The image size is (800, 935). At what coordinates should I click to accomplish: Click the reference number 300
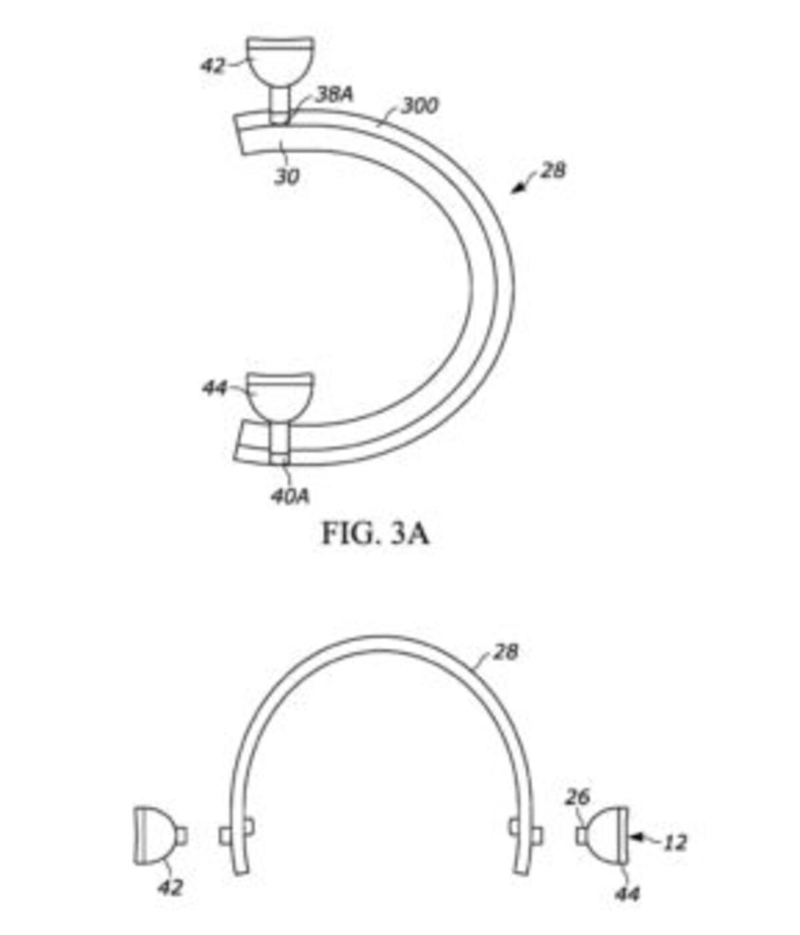[x=419, y=106]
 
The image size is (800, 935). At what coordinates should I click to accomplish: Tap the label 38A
[x=335, y=95]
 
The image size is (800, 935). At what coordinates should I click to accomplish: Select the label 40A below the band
[x=291, y=496]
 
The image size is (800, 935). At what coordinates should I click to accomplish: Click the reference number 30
[x=287, y=177]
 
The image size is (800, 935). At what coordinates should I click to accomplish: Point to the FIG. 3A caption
[x=375, y=534]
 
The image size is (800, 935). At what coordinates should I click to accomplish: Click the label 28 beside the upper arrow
[x=553, y=171]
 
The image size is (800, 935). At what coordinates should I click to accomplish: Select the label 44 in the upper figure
[x=214, y=388]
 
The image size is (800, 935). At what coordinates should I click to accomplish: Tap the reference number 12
[x=675, y=842]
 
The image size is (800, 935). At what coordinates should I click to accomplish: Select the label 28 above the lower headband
[x=505, y=652]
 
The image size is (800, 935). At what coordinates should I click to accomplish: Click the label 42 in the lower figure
[x=171, y=888]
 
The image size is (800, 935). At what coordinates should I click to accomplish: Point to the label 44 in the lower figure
[x=627, y=894]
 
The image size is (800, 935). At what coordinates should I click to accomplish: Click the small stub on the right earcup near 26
[x=581, y=836]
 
